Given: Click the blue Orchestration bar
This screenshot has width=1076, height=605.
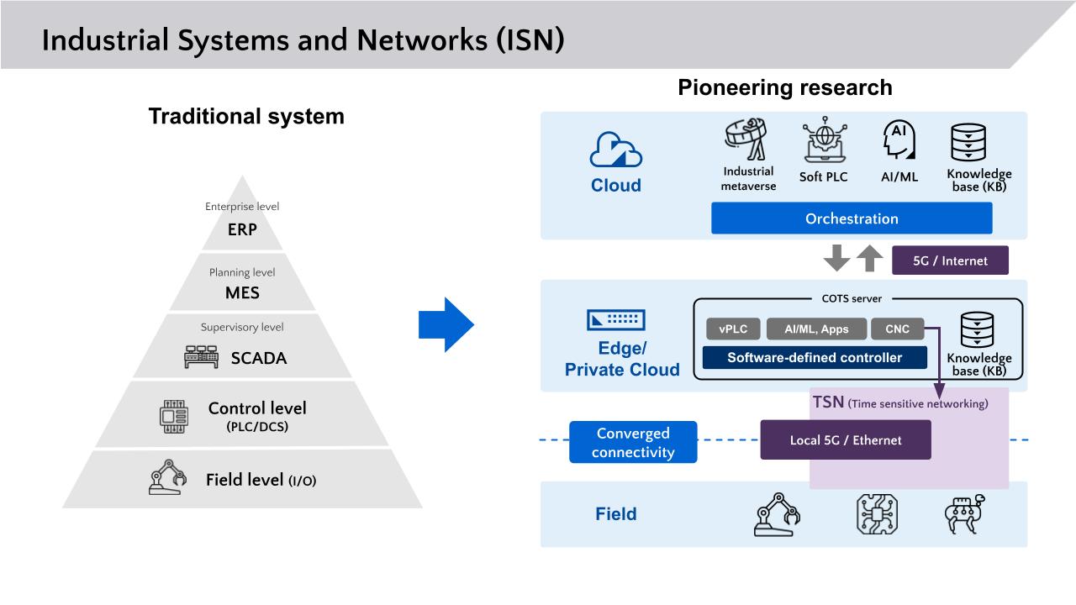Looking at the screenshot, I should click(x=852, y=218).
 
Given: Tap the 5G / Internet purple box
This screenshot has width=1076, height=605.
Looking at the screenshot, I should click(x=949, y=260).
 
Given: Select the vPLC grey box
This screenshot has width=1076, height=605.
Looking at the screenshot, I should click(x=733, y=329).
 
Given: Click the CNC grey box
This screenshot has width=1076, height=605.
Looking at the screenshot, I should click(x=897, y=329).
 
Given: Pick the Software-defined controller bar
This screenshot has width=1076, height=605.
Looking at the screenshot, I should click(x=815, y=358).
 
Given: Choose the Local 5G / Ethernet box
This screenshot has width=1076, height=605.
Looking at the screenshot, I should click(x=845, y=440).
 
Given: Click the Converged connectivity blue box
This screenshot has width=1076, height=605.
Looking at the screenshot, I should click(x=633, y=443).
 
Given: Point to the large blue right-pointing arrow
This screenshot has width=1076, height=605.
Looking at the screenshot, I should click(x=446, y=324).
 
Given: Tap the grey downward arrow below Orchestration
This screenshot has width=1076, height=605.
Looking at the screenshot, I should click(x=837, y=259).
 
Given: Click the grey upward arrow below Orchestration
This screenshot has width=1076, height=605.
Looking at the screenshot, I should click(x=870, y=259).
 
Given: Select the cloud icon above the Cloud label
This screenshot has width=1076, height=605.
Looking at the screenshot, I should click(x=615, y=151).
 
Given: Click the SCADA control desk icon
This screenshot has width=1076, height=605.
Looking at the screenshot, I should click(x=201, y=358).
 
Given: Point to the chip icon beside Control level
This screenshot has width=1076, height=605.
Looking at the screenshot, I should click(x=174, y=417).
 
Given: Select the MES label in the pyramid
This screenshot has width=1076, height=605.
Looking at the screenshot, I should click(x=243, y=293).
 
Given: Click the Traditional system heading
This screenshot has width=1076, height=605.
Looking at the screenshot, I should click(x=246, y=116).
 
